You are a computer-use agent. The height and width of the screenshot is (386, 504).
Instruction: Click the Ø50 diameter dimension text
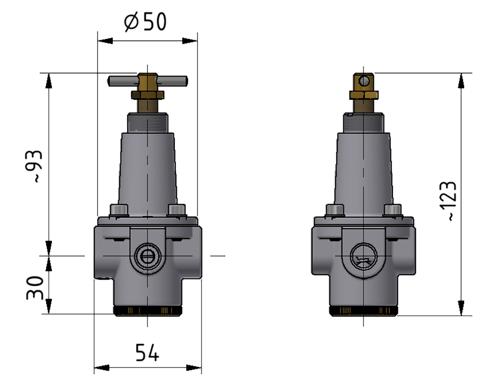point(145,22)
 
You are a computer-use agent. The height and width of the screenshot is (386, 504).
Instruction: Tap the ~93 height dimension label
point(36,166)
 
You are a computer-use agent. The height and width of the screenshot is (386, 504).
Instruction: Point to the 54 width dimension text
point(147,353)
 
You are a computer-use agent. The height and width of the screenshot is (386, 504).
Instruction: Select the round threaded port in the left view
point(147,257)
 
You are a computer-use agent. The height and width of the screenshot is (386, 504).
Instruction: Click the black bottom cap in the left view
point(147,311)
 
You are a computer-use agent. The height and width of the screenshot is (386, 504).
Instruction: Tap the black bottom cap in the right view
point(365,311)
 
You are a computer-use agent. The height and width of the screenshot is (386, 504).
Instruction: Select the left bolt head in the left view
point(119,211)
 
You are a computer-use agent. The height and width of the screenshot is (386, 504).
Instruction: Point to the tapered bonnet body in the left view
point(147,168)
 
